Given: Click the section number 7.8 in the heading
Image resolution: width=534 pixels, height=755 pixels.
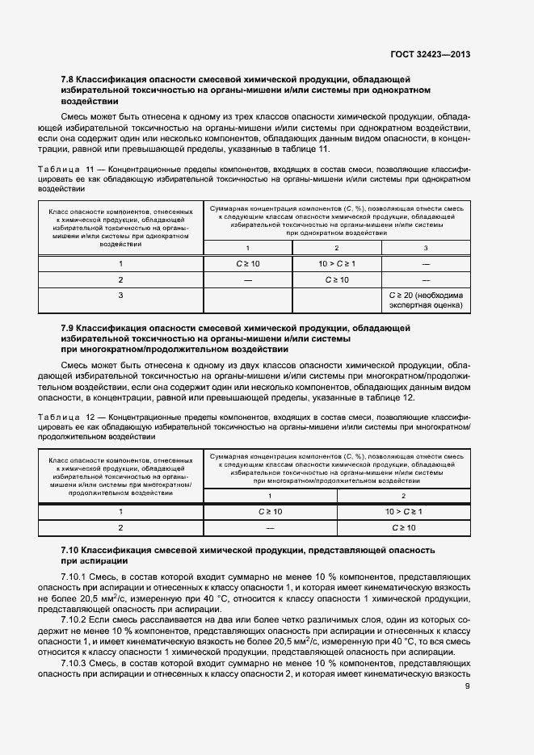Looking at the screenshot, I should (68, 79).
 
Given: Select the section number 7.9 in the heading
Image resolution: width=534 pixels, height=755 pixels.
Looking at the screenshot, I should (68, 328).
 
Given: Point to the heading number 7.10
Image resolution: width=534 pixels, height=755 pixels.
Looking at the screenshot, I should (71, 549).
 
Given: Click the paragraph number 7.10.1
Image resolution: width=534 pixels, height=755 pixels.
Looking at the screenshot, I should (75, 578).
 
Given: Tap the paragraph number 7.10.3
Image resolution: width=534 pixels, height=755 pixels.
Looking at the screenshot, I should (75, 661).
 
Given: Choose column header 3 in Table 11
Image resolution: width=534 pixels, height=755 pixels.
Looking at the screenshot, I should (426, 247).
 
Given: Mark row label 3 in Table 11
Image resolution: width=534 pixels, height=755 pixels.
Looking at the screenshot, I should (120, 296).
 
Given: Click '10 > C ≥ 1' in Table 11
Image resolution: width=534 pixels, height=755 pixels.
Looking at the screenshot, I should (336, 263).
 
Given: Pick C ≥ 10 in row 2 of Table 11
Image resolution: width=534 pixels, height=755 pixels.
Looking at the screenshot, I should (336, 279).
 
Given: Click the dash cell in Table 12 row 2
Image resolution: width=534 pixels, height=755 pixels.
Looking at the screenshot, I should (270, 527).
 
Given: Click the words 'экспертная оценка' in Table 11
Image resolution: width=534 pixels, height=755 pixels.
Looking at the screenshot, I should (426, 306).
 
